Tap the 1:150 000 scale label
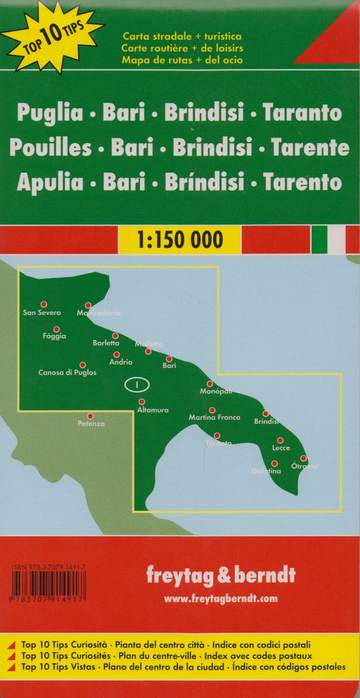(180, 240)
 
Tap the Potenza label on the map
(91, 425)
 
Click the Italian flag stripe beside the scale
(336, 240)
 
